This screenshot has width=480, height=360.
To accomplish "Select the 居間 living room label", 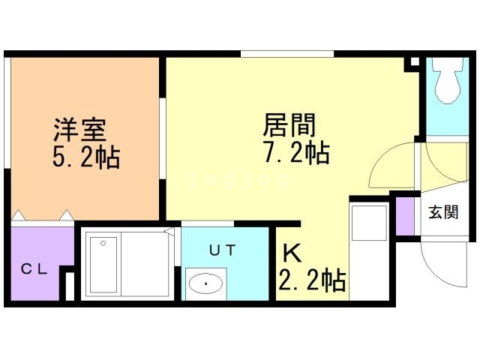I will pyautogui.click(x=288, y=124).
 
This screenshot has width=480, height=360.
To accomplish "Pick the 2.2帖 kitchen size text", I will pyautogui.click(x=312, y=280).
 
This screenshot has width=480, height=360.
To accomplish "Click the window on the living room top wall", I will pyautogui.click(x=287, y=54).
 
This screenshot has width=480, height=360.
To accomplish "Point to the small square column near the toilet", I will pyautogui.click(x=409, y=64).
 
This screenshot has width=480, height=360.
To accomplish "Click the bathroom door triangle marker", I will pyautogui.click(x=170, y=232).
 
